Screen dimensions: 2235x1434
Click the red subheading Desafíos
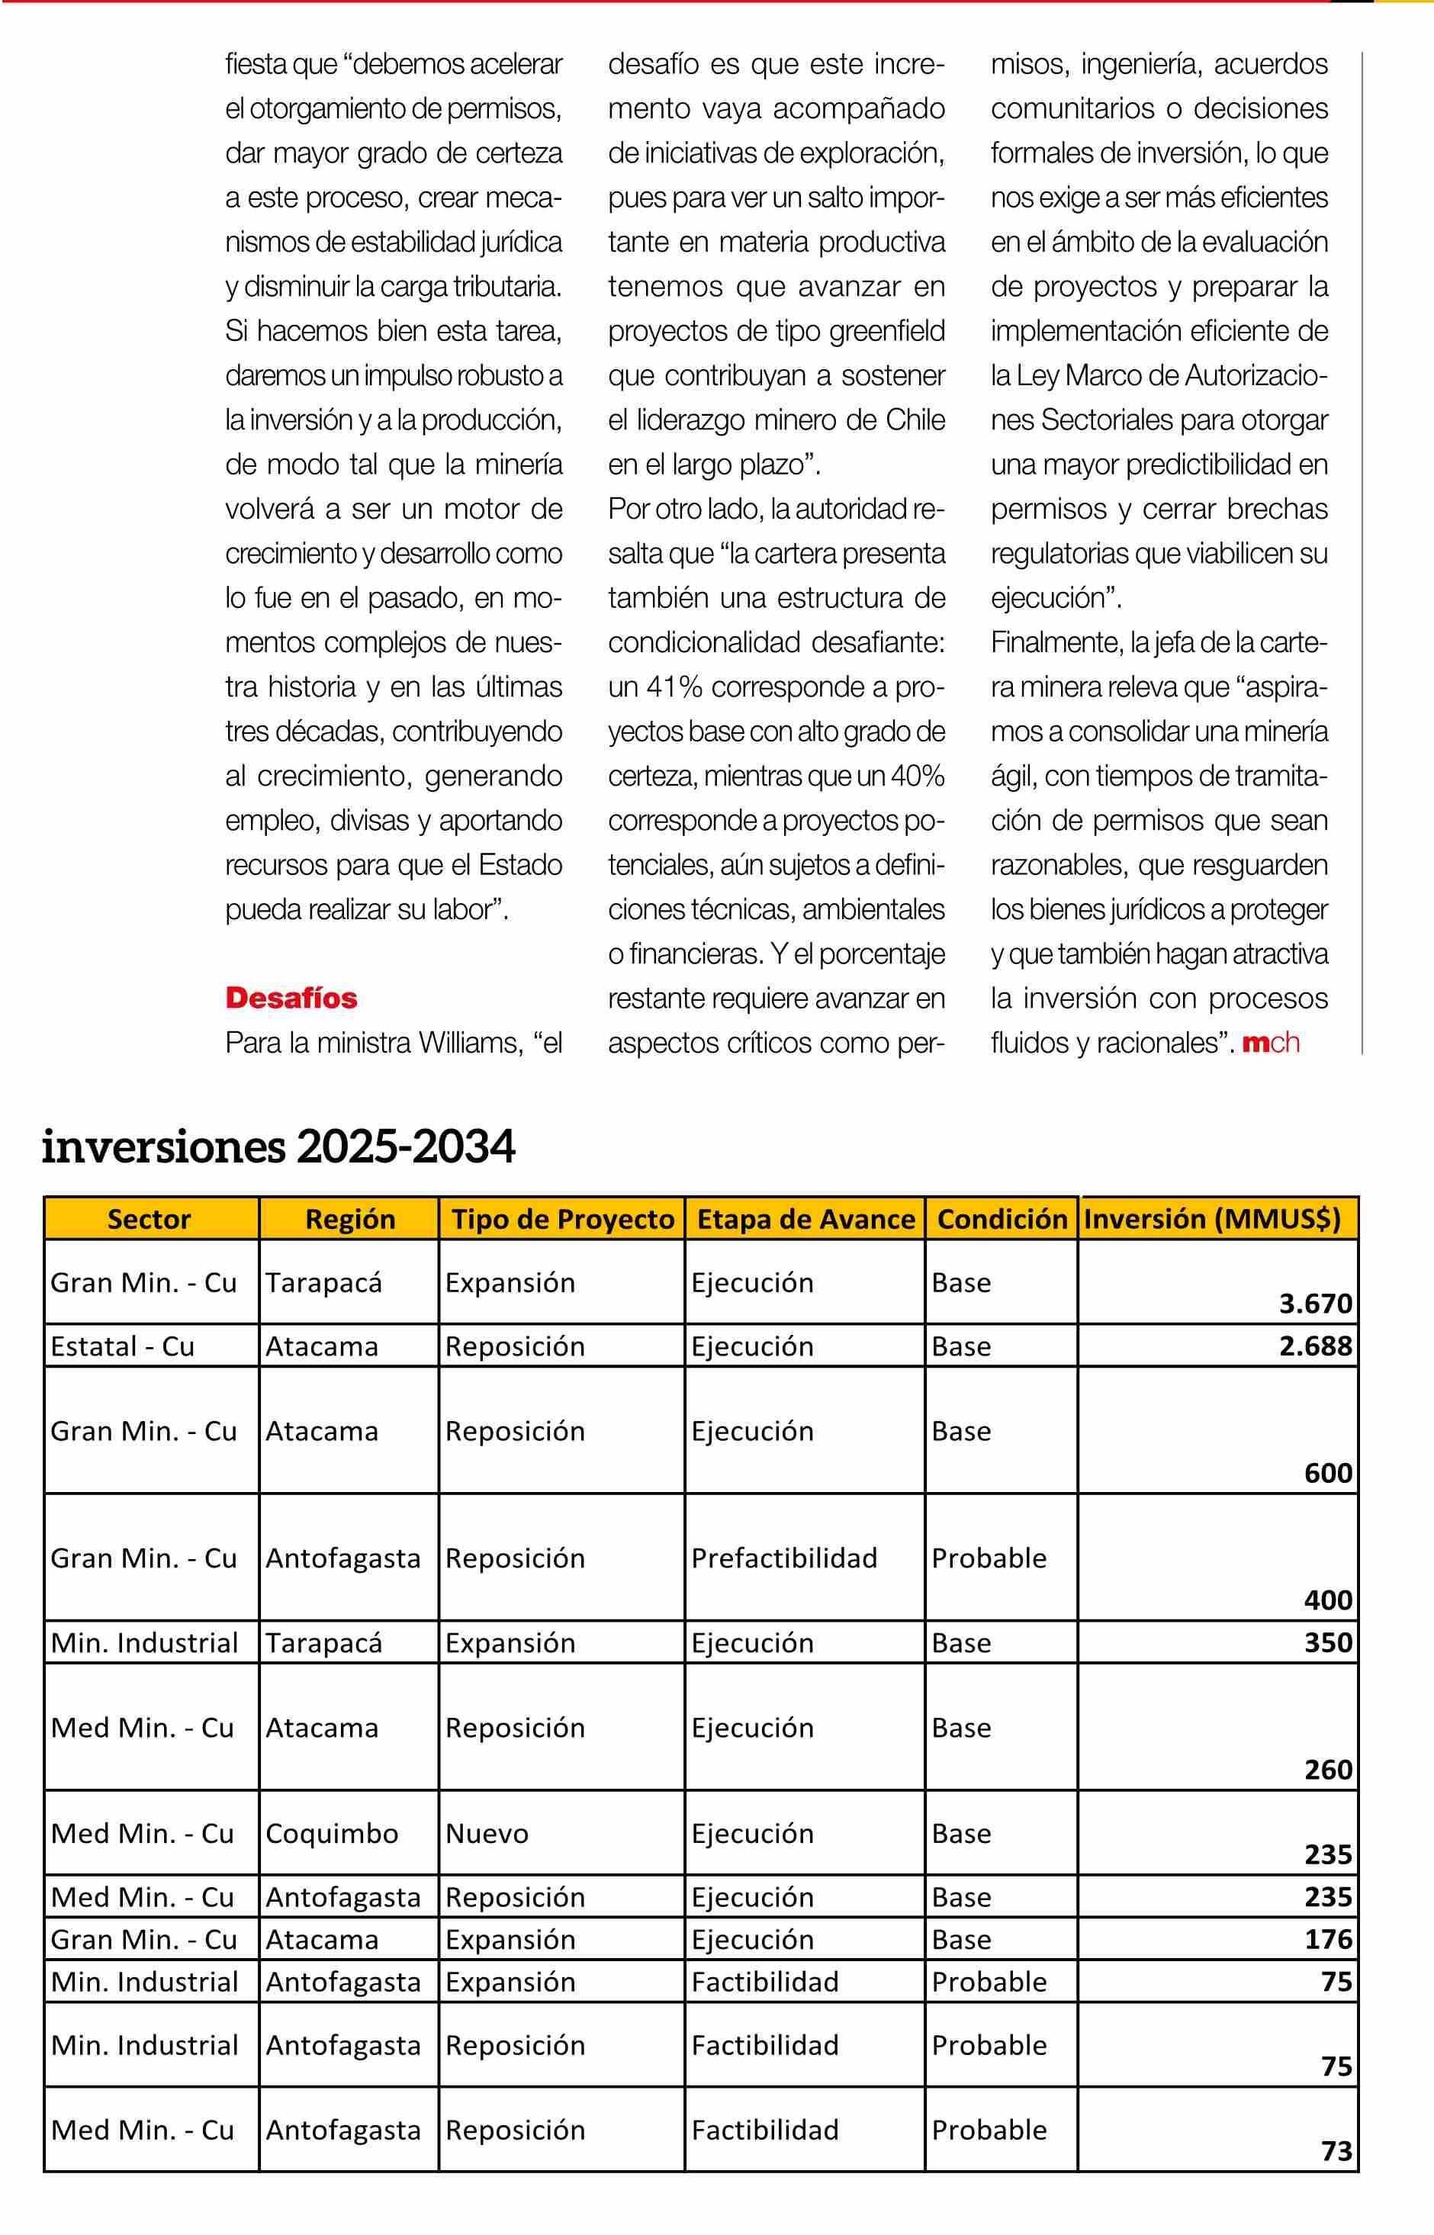point(291,999)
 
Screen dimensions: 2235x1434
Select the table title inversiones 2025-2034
point(278,1147)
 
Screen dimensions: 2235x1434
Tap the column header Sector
point(149,1219)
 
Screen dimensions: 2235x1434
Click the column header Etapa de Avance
point(805,1219)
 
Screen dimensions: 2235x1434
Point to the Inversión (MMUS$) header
point(1212,1219)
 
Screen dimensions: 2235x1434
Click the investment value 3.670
point(1315,1304)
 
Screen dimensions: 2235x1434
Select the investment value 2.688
point(1315,1346)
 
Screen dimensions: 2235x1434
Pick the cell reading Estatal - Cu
point(122,1346)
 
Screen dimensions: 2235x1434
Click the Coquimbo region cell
point(332,1833)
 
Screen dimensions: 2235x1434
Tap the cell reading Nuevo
point(487,1833)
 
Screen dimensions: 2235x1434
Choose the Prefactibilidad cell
point(784,1558)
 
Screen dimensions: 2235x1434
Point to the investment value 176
point(1328,1939)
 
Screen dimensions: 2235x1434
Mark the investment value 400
point(1328,1600)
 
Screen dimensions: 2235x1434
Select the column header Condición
point(1002,1219)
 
